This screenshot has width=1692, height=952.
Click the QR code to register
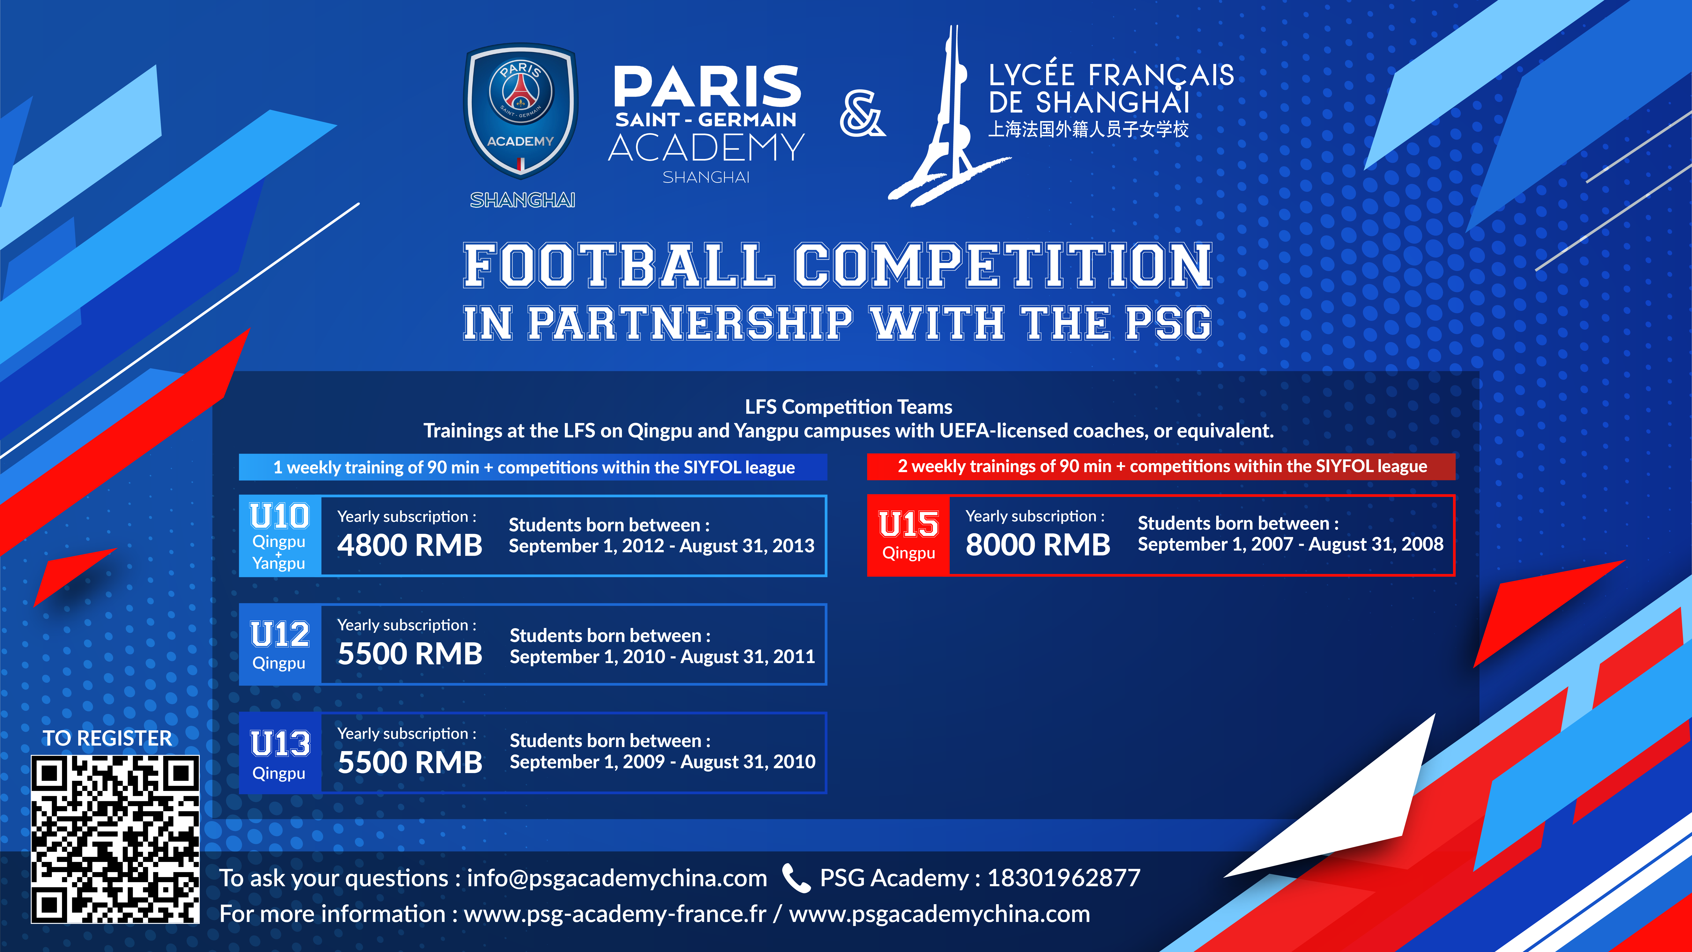(115, 839)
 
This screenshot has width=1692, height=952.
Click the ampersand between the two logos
(862, 114)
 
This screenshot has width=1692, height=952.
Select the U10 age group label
(279, 517)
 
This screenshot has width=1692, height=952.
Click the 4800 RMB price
(410, 545)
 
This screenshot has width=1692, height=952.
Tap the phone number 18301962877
(1064, 878)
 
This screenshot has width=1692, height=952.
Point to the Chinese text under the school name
(1088, 129)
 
